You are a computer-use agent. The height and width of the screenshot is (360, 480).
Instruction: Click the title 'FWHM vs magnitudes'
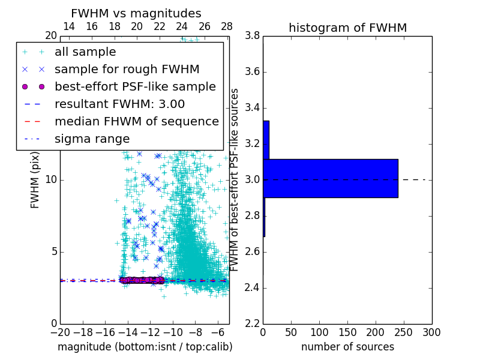(x=136, y=13)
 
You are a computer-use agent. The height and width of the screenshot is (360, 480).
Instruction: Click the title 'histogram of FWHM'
(x=347, y=28)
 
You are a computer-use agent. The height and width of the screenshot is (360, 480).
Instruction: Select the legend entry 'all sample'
(x=85, y=52)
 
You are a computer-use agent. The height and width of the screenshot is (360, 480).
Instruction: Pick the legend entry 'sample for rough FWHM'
(x=127, y=69)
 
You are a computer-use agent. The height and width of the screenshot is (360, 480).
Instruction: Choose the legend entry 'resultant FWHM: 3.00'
(x=119, y=104)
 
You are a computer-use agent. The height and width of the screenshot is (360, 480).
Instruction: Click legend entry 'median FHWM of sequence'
(x=136, y=121)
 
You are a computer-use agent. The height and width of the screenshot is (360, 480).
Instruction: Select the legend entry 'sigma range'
(x=92, y=139)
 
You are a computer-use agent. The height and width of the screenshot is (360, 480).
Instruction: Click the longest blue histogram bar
(x=330, y=178)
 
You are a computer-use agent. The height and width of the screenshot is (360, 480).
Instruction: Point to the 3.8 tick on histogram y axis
(x=252, y=36)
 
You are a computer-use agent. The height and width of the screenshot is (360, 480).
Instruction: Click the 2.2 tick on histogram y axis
(x=252, y=323)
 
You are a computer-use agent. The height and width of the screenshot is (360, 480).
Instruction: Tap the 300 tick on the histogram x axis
(x=431, y=332)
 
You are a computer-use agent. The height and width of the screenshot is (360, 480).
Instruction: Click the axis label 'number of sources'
(x=347, y=347)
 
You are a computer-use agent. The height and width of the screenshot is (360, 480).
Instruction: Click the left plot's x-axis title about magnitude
(x=145, y=347)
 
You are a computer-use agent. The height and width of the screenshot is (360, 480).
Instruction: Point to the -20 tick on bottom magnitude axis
(x=60, y=332)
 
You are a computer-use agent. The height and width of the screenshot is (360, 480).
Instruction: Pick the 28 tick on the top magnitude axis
(x=226, y=26)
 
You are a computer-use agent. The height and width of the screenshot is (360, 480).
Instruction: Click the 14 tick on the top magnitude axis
(x=69, y=26)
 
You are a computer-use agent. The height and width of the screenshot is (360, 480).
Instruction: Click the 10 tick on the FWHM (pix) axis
(x=51, y=180)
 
